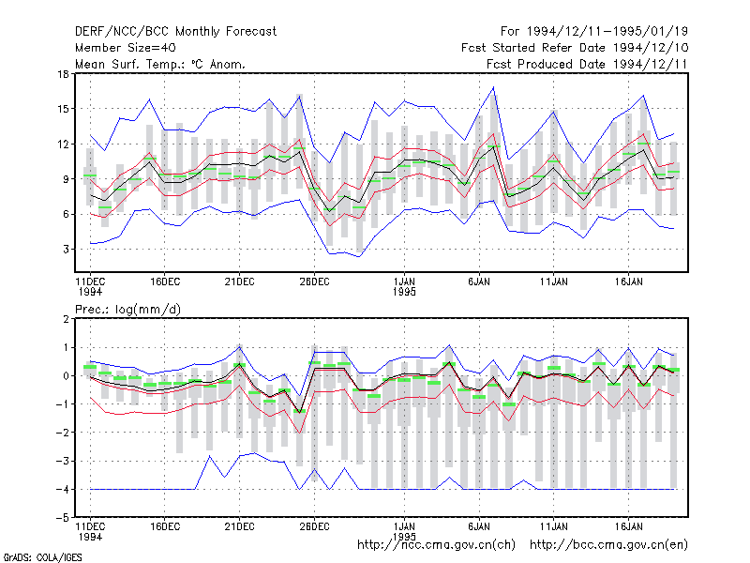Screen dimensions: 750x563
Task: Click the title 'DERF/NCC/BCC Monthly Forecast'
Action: [x=175, y=32]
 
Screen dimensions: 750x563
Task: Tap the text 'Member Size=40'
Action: [x=126, y=48]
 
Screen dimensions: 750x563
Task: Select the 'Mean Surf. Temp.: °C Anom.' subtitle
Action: [x=159, y=64]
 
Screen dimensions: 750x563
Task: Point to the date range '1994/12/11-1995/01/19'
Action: [x=607, y=32]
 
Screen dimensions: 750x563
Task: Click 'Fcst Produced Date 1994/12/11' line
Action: [x=588, y=64]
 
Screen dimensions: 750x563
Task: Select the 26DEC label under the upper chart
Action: [x=314, y=281]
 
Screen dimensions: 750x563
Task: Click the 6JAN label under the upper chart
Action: [x=479, y=281]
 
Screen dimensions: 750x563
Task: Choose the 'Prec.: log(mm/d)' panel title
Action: [x=127, y=310]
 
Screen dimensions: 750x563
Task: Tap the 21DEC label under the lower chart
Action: [x=240, y=526]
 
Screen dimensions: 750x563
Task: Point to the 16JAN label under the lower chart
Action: [x=628, y=526]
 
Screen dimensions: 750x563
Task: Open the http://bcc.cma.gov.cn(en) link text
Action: [x=608, y=545]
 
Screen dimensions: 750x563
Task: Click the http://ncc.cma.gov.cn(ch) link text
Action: [x=436, y=545]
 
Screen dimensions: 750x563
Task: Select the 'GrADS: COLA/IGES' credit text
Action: [x=42, y=557]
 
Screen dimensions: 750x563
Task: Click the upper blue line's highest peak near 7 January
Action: [x=494, y=87]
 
